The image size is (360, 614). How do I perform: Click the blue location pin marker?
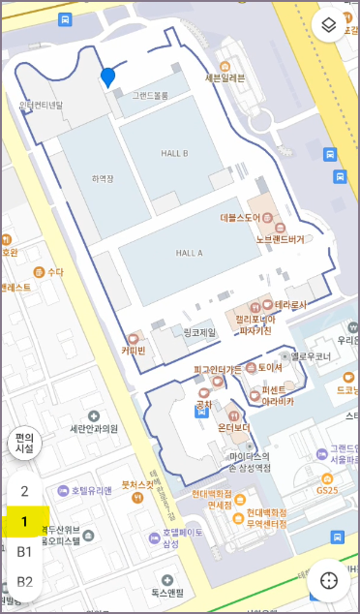(107, 77)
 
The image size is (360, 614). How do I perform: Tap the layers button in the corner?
(330, 25)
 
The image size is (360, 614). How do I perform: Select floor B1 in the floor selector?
(25, 552)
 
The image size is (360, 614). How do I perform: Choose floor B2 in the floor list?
(25, 582)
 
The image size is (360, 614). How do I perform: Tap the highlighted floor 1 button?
(25, 522)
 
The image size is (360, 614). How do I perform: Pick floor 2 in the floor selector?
(25, 492)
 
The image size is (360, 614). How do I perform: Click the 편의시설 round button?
(24, 444)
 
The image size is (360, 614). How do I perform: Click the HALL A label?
(189, 253)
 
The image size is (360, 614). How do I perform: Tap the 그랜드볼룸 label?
(150, 96)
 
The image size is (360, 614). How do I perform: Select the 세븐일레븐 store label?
(225, 77)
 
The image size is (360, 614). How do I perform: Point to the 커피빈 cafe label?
(134, 351)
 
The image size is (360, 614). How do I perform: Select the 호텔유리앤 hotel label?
(91, 490)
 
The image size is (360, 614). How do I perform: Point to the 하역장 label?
(103, 178)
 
